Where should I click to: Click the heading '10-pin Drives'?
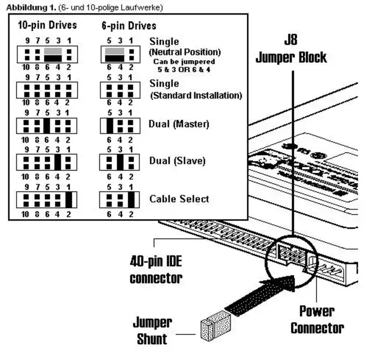[x=46, y=26]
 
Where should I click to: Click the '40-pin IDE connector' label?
[x=156, y=269]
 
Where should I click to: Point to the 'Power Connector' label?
[x=317, y=319]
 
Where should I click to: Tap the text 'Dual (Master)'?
[x=180, y=124]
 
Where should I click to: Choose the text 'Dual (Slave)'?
[x=177, y=161]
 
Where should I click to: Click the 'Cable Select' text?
[x=179, y=198]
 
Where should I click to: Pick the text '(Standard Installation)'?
[x=196, y=95]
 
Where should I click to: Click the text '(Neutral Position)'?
[x=185, y=52]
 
